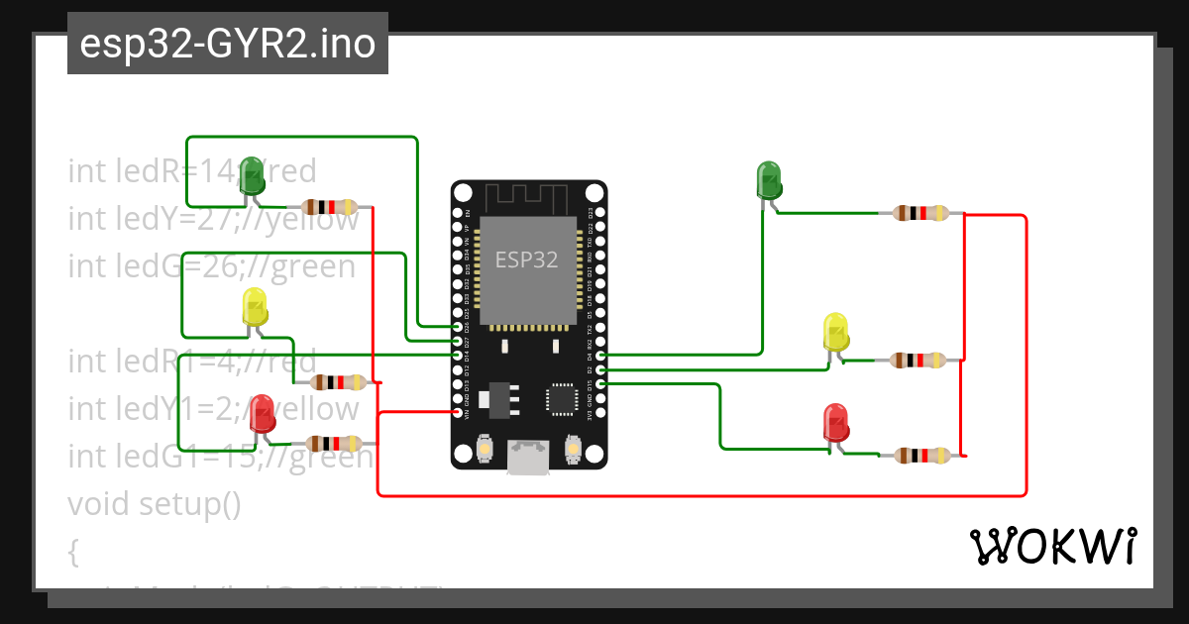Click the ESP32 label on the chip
pos(526,260)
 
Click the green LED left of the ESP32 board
pos(252,175)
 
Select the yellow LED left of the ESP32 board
pos(255,307)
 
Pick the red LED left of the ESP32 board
pos(262,413)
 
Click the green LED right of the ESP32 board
pos(769,179)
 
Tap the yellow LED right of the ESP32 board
pos(836,332)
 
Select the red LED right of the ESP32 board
pos(835,423)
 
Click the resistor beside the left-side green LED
pos(330,207)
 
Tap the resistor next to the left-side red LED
pos(331,444)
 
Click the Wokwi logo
pos(1052,546)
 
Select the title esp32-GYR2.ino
pos(227,45)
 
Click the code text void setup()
pos(155,504)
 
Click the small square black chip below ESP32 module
pos(561,398)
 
